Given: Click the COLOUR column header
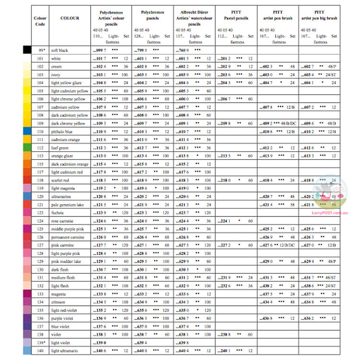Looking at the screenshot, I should pyautogui.click(x=70, y=18).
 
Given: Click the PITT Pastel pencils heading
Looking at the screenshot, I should pyautogui.click(x=236, y=15).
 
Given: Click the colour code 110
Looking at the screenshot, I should pyautogui.click(x=40, y=132).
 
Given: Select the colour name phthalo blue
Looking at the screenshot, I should pyautogui.click(x=62, y=132).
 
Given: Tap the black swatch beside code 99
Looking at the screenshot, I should pyautogui.click(x=27, y=50).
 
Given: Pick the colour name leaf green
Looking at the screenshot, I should pyautogui.click(x=60, y=148).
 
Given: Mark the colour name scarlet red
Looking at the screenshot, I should pyautogui.click(x=61, y=180).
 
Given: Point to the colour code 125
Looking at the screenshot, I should pyautogui.click(x=40, y=229).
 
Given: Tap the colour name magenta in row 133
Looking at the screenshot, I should pyautogui.click(x=59, y=294).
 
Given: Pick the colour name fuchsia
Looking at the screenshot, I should pyautogui.click(x=58, y=213).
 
